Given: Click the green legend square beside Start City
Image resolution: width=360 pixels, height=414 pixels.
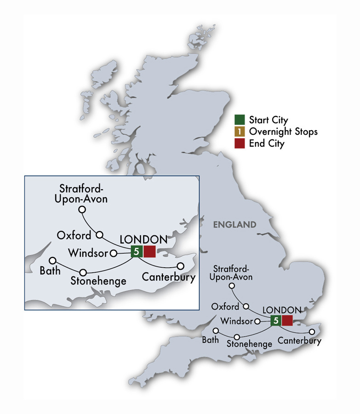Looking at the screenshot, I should click(240, 120).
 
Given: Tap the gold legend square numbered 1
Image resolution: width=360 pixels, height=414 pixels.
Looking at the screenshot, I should click(240, 132).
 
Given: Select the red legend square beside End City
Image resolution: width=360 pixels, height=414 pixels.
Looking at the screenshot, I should click(240, 144).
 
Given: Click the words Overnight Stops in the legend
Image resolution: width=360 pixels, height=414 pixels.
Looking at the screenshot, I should click(283, 132).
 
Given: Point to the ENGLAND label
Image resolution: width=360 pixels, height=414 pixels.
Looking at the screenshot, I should click(234, 225).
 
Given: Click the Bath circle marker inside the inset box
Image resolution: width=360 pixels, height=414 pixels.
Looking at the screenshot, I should click(52, 260).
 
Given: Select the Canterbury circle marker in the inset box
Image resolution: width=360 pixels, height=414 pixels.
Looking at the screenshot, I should click(181, 265).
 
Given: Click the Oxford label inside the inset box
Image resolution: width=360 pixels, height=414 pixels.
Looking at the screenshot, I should click(74, 236).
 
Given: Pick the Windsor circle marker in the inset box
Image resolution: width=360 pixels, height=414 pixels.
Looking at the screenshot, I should click(113, 253).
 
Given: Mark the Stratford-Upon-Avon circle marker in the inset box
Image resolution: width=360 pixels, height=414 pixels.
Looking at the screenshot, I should click(82, 209).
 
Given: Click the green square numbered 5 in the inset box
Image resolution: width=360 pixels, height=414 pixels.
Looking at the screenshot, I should click(137, 251).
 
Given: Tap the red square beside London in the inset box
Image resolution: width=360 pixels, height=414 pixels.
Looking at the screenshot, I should click(149, 251).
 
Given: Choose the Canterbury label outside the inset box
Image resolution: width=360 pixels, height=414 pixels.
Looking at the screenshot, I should click(299, 341).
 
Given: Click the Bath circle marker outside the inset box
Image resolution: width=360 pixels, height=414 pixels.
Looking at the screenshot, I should click(215, 331).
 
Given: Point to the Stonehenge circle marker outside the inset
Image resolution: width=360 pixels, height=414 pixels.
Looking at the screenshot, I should click(237, 337).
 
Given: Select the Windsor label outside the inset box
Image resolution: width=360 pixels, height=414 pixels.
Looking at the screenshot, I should click(236, 321).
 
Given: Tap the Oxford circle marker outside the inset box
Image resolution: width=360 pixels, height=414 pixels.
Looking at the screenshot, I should click(246, 306).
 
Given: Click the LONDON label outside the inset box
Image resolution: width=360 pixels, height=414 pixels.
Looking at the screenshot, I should click(282, 310).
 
